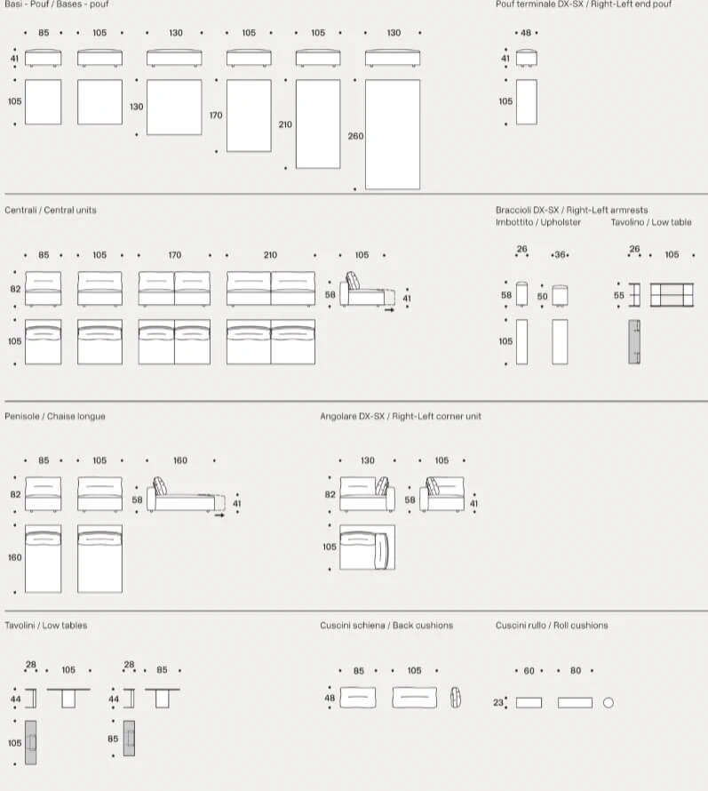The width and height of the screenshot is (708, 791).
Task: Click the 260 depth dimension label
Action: click(355, 136)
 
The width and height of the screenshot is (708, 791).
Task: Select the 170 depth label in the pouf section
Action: click(216, 116)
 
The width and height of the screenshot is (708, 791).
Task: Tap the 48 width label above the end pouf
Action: click(526, 33)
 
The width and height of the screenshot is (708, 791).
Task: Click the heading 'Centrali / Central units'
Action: click(51, 210)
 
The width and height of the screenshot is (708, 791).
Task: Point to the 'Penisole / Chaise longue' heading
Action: click(55, 416)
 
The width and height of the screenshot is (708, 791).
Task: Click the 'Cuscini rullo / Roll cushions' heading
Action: click(552, 626)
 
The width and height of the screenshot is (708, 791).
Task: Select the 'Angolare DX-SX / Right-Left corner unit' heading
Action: click(401, 416)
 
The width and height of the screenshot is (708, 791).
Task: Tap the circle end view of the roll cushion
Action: click(609, 703)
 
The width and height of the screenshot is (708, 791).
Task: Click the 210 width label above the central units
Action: click(270, 255)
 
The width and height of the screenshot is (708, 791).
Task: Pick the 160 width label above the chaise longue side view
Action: click(180, 460)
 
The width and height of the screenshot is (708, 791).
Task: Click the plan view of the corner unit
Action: click(367, 547)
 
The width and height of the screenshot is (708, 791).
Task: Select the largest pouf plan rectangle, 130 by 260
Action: click(393, 134)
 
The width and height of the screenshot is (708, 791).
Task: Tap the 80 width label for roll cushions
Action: click(576, 671)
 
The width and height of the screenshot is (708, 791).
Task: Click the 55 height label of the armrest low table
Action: click(619, 296)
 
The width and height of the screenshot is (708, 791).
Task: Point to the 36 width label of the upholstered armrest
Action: click(560, 255)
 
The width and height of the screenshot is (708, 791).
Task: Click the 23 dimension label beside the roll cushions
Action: click(498, 703)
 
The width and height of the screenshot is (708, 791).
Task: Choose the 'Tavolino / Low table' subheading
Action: click(651, 222)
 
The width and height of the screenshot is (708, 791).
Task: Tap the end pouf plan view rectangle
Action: click(527, 102)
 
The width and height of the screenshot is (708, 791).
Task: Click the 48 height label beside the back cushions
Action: click(330, 699)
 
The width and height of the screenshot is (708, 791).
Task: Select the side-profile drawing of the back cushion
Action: click(456, 698)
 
